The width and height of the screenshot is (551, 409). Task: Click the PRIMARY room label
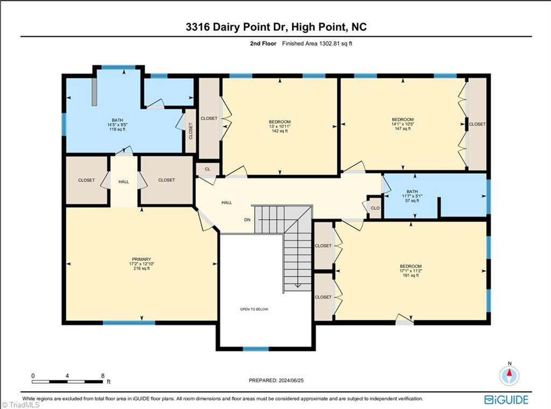point(142,259)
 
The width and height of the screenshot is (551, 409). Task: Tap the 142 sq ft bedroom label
point(279,126)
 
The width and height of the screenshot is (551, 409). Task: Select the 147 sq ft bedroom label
point(402,124)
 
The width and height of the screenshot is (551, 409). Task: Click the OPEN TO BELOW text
point(254,309)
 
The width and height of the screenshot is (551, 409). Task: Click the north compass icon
point(509,375)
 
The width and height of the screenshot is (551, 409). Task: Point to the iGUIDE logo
point(506,399)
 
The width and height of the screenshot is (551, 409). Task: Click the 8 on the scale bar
point(102,375)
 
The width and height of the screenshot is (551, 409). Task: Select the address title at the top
point(275,27)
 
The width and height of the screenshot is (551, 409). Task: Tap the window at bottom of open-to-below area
point(255,349)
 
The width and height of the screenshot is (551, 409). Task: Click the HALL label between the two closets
point(124,182)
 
